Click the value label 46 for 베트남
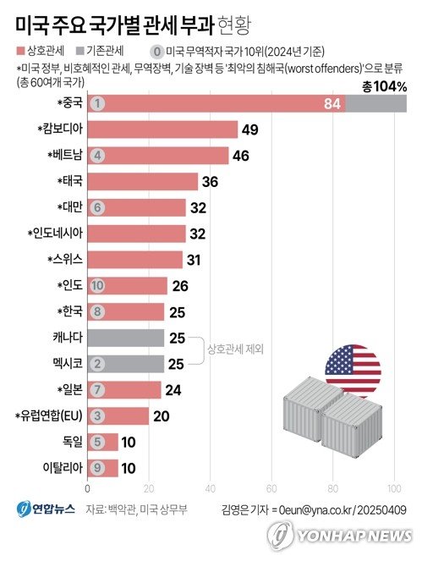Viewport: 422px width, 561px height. click(x=242, y=155)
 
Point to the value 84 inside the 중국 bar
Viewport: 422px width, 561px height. click(x=332, y=103)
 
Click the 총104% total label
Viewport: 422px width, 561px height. click(x=385, y=85)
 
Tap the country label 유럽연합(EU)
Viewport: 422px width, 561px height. click(x=51, y=416)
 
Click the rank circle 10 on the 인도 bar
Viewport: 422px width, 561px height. click(x=98, y=286)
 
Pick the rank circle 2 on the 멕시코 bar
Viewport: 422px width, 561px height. click(x=98, y=364)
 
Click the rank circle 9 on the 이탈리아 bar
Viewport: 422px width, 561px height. click(x=98, y=468)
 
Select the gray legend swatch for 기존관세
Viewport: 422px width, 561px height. click(x=79, y=49)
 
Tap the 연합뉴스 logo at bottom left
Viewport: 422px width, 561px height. click(x=47, y=509)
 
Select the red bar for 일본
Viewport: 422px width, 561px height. click(x=124, y=390)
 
